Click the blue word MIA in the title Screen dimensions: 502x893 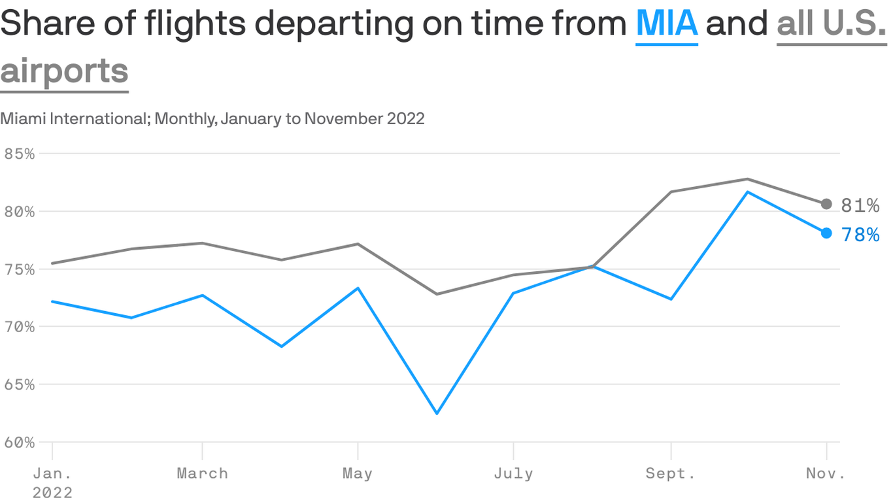(667, 24)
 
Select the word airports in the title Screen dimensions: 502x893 (64, 71)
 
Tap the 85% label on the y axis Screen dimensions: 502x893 (19, 154)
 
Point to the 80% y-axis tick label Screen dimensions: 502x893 (19, 212)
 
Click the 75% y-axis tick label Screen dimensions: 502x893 (19, 269)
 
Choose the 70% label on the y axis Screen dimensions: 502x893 (19, 327)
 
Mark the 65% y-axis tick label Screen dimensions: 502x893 (19, 384)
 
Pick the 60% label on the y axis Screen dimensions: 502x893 (19, 442)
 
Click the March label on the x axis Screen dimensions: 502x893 (202, 473)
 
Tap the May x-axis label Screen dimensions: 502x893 (358, 473)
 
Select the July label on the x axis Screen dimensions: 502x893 (513, 473)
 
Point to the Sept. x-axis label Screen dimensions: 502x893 (671, 473)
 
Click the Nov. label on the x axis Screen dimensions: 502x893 (826, 473)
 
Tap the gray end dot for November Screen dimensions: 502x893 (826, 204)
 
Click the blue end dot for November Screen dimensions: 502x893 (826, 233)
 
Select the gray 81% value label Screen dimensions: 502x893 (860, 206)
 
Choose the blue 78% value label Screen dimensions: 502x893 (860, 235)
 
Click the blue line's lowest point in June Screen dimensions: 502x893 (437, 413)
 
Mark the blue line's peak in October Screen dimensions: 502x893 (748, 192)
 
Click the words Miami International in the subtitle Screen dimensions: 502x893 (75, 119)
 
